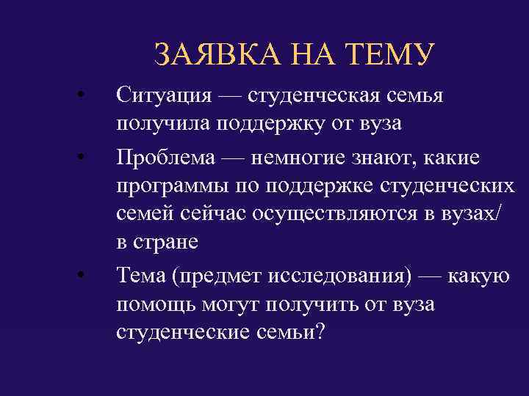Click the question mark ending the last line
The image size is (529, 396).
coord(318,331)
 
